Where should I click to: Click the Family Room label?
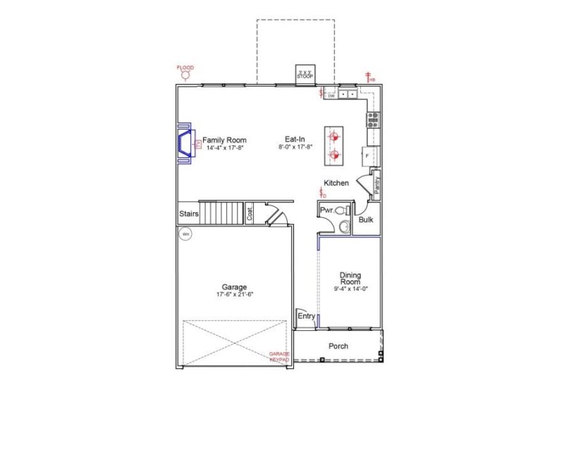pos(225,140)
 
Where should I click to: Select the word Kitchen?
pos(336,183)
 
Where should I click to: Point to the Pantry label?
pos(377,186)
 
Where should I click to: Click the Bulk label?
pos(366,220)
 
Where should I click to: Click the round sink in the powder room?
pos(343,227)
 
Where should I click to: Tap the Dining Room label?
pos(350,278)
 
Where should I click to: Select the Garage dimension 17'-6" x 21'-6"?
pos(235,294)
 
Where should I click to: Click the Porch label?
pos(338,346)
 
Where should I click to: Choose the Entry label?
pos(306,316)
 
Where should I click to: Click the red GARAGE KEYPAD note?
pos(279,356)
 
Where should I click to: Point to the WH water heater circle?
pos(185,234)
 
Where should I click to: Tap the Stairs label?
pos(188,213)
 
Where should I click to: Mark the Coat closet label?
pos(250,213)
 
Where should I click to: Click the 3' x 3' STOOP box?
pos(305,73)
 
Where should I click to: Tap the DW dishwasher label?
pos(331,95)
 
